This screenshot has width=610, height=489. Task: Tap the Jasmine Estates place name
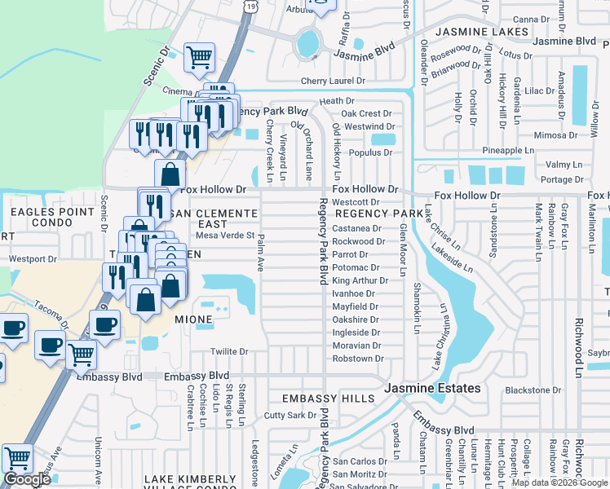[x=433, y=388]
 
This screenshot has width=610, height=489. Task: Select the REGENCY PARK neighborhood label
[x=378, y=214]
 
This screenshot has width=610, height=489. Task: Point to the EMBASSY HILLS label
[x=328, y=399]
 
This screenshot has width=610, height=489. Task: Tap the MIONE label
[x=193, y=319]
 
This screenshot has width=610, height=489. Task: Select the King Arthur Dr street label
[x=360, y=280]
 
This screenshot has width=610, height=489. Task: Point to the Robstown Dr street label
[x=357, y=359]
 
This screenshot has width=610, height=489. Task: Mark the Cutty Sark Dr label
[x=290, y=416]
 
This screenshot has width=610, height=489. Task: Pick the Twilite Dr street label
[x=229, y=352]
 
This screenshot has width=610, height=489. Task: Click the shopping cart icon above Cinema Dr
[x=198, y=58]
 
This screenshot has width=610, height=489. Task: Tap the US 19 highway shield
[x=250, y=7]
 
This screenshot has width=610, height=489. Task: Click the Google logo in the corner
[x=27, y=479]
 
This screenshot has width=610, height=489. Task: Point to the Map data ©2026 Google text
[x=559, y=482]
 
